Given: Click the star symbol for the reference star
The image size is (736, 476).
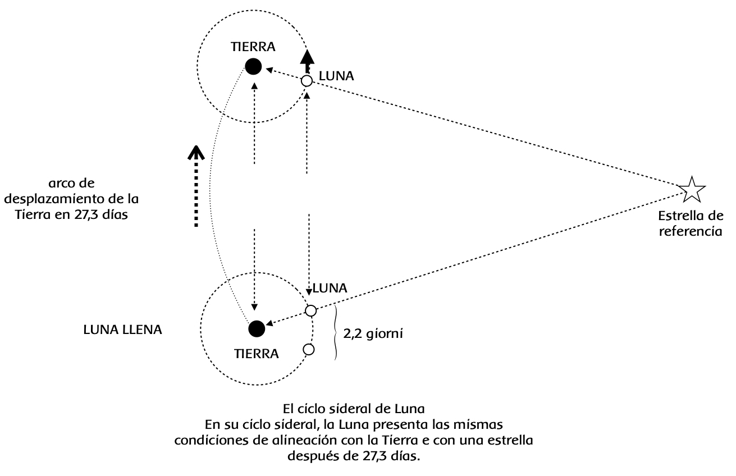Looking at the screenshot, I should coord(691,189).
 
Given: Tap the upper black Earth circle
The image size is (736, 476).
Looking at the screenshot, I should coord(253,67).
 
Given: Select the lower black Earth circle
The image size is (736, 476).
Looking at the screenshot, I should coord(257,329).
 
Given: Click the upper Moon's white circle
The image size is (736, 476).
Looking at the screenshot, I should coord(306,81).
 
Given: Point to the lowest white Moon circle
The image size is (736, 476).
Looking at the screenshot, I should coord(308,350).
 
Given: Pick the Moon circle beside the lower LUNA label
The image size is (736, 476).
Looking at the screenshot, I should coord(310,310).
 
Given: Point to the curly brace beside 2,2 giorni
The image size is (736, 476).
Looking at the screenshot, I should coord(336,332).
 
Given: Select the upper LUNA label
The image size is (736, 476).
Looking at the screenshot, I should coord(336,75).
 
